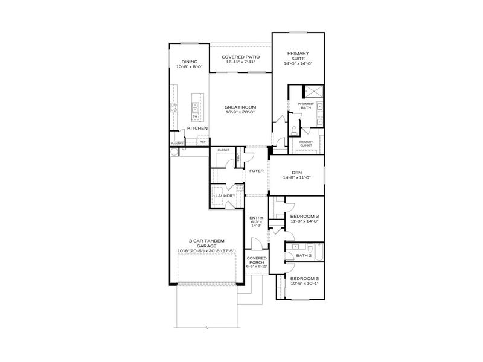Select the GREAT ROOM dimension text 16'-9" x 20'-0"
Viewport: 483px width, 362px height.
[x=240, y=112]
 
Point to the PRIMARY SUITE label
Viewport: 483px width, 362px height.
[x=298, y=57]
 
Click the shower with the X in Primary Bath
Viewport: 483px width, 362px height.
[x=312, y=92]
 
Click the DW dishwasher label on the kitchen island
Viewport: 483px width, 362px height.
[x=195, y=116]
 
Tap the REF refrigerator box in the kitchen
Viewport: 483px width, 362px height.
[x=202, y=142]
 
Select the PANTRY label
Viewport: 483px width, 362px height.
[x=177, y=144]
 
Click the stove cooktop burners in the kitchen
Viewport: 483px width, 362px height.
[x=174, y=109]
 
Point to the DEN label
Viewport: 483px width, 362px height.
[x=295, y=172]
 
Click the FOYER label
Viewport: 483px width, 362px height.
[x=256, y=171]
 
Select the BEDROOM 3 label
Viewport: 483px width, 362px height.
[x=305, y=216]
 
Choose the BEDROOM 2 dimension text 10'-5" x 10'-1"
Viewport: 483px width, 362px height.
[x=304, y=284]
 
